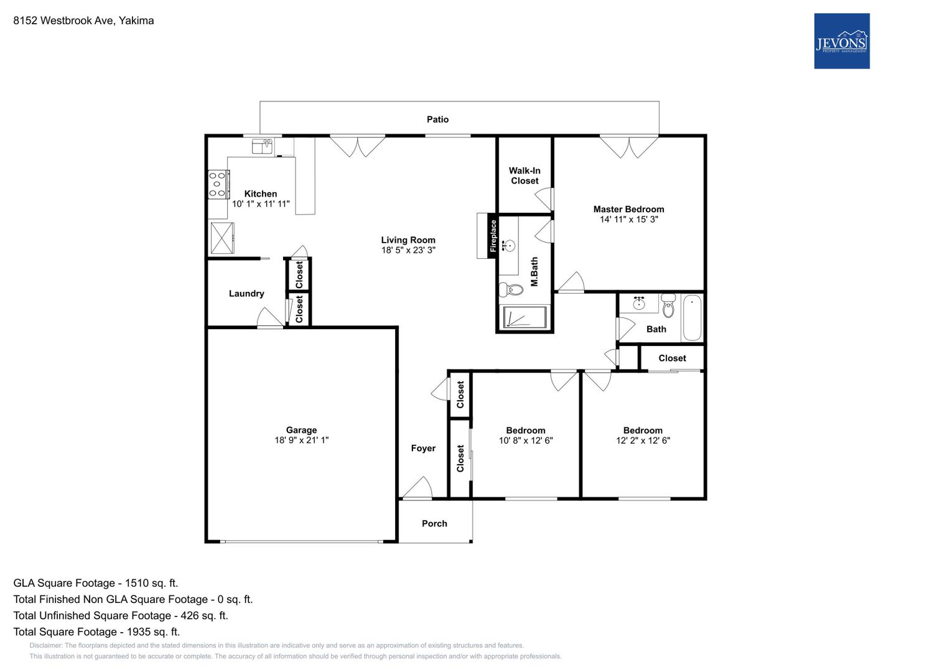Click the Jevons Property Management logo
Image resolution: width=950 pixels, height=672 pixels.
(841, 41)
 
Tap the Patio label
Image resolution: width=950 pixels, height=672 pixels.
(438, 119)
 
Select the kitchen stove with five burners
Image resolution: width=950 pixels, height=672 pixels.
(218, 185)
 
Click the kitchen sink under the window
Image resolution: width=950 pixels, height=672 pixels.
(263, 146)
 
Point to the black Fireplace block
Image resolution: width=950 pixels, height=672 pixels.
(493, 236)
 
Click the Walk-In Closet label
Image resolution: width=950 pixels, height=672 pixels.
(524, 175)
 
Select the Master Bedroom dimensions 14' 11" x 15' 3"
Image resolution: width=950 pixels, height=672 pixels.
(629, 219)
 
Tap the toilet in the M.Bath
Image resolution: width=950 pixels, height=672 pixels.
(511, 290)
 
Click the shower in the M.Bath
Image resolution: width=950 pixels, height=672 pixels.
(524, 317)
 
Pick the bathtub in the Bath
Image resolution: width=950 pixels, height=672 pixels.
(692, 318)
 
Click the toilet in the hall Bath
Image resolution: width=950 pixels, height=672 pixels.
(668, 305)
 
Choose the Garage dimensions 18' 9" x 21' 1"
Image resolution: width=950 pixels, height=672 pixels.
(302, 440)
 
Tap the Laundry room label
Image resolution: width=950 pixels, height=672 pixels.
(246, 294)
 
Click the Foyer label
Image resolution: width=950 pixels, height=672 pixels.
(423, 448)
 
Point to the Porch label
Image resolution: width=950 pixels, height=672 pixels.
(434, 523)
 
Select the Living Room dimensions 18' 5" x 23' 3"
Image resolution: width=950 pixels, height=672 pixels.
(408, 250)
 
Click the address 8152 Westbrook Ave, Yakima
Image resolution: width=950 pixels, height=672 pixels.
(83, 21)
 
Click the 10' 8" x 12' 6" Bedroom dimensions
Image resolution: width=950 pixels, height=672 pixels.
(526, 441)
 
